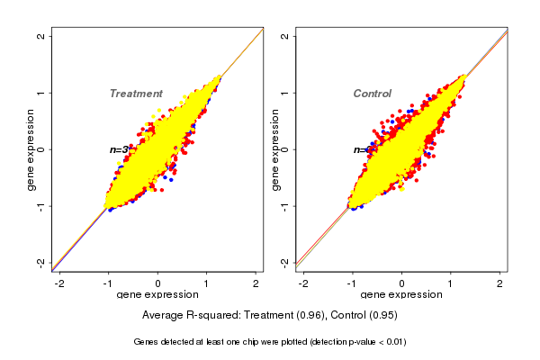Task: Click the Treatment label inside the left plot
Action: click(136, 94)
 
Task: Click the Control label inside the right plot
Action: click(373, 94)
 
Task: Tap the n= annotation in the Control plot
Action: click(362, 149)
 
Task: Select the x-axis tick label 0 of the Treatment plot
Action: click(157, 284)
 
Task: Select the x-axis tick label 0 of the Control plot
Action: click(402, 284)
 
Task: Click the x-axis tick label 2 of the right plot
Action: click(500, 284)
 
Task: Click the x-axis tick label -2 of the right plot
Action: click(303, 284)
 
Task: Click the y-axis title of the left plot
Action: click(31, 149)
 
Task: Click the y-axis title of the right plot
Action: click(275, 149)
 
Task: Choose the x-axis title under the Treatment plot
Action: click(157, 295)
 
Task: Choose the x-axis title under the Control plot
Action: click(402, 295)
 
